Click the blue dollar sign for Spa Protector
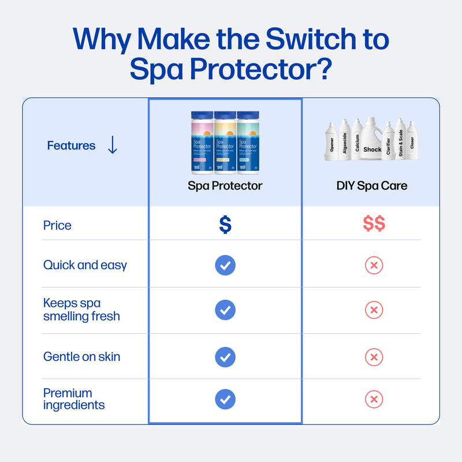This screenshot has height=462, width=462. (225, 225)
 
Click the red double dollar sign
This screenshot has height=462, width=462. (374, 224)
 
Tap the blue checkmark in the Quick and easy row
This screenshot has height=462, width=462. (225, 265)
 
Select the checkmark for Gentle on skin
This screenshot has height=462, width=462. (225, 356)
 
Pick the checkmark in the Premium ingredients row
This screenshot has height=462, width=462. (225, 399)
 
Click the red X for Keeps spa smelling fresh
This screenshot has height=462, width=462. (374, 310)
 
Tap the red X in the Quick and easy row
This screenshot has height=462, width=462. (374, 266)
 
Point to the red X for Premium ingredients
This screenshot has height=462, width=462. (374, 399)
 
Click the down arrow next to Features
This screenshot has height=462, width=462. (113, 146)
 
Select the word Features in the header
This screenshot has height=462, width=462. (71, 146)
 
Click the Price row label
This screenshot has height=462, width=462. (57, 225)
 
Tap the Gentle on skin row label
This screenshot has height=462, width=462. (81, 356)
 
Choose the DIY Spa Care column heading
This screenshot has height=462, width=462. (372, 186)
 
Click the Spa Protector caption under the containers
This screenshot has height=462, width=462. (225, 186)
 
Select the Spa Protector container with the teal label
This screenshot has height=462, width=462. (248, 143)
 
